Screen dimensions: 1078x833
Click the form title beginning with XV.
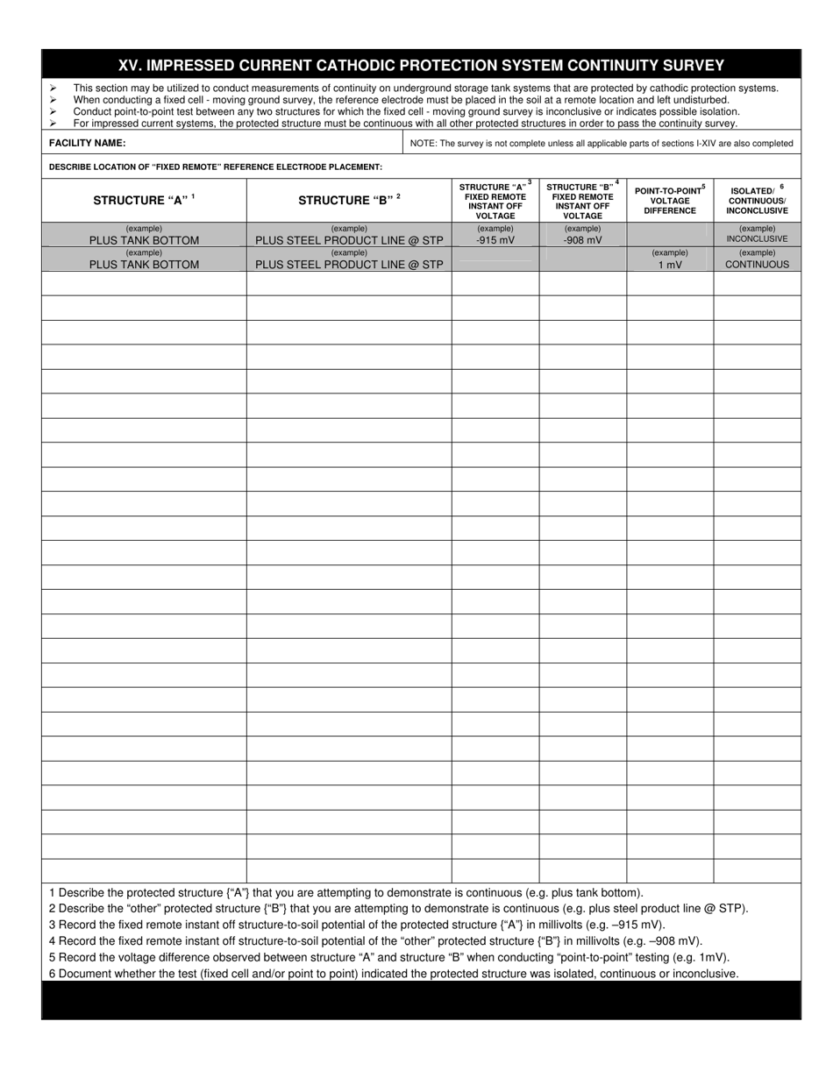point(421,65)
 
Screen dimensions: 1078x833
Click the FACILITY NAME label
point(88,143)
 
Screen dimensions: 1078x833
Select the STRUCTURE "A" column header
point(144,200)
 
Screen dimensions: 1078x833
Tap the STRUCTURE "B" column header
point(349,200)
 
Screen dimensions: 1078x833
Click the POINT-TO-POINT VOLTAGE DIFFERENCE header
point(670,200)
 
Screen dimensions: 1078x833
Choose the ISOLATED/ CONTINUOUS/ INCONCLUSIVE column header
point(757,200)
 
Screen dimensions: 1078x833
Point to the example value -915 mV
point(495,239)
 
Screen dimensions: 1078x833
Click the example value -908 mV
point(582,239)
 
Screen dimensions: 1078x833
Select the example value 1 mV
point(670,264)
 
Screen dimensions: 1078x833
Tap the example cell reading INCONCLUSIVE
point(757,238)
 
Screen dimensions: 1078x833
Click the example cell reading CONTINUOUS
point(757,264)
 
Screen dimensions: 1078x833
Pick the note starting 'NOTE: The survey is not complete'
point(602,144)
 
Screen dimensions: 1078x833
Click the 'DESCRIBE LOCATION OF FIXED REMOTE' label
point(216,167)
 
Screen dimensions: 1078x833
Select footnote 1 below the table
point(346,893)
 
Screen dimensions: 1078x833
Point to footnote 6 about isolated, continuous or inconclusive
point(394,974)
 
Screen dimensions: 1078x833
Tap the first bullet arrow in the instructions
point(53,89)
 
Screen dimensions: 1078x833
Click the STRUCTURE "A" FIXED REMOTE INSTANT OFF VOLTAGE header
point(495,201)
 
